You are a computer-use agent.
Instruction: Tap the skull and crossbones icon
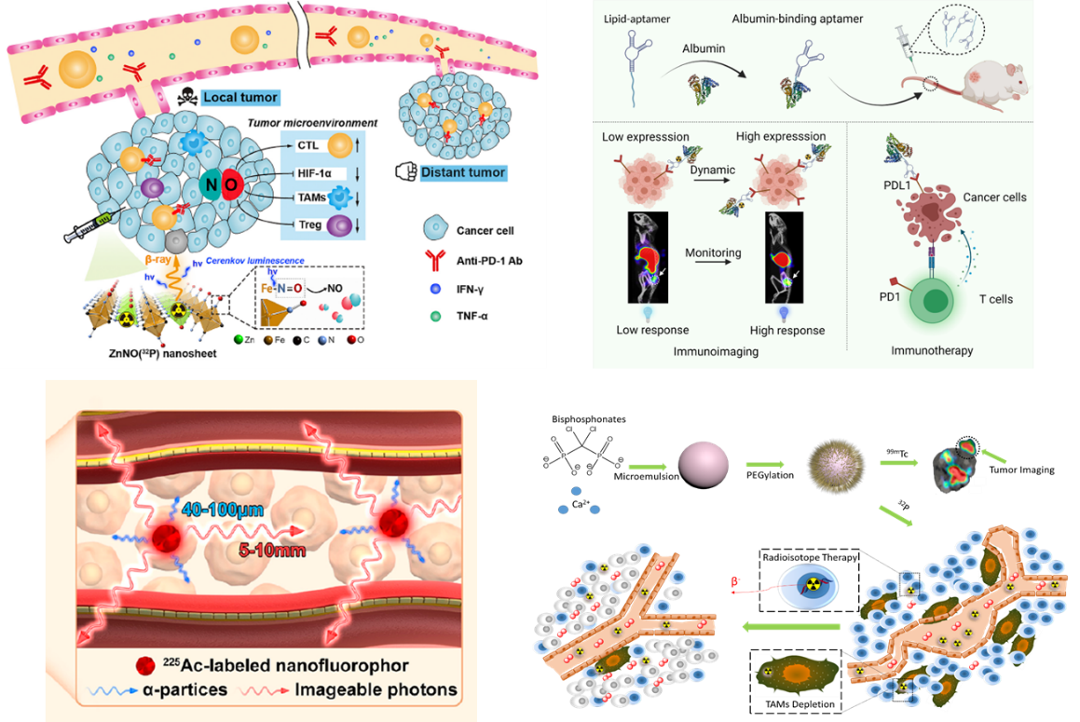pos(186,95)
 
